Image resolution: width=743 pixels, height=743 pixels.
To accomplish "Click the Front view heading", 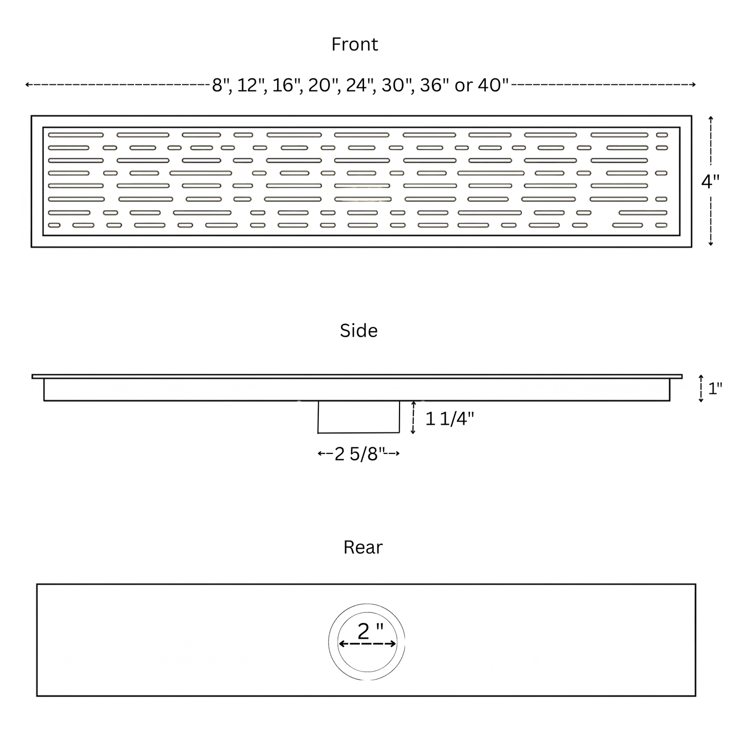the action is pyautogui.click(x=354, y=44).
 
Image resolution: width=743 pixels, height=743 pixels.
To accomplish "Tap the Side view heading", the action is pyautogui.click(x=358, y=331).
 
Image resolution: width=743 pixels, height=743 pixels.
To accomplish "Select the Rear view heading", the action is pyautogui.click(x=363, y=548).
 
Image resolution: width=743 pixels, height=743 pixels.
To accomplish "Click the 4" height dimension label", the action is pyautogui.click(x=710, y=182).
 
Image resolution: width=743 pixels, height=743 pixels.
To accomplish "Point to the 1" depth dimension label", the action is pyautogui.click(x=715, y=388).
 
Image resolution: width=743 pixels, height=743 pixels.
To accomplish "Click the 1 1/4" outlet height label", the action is pyautogui.click(x=449, y=419).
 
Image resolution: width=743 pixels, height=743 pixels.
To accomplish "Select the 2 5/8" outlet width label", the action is pyautogui.click(x=360, y=454).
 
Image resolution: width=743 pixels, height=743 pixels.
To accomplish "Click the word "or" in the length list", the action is pyautogui.click(x=464, y=86).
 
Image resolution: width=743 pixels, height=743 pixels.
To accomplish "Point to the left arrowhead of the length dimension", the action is pyautogui.click(x=27, y=84).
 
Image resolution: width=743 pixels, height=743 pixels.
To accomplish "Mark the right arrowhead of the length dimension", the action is pyautogui.click(x=694, y=84).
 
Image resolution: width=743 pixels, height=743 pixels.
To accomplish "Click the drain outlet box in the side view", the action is pyautogui.click(x=358, y=417).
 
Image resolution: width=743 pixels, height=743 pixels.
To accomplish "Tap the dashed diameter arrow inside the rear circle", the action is pyautogui.click(x=367, y=644).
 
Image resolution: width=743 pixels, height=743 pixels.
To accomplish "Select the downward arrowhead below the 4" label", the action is pyautogui.click(x=711, y=243).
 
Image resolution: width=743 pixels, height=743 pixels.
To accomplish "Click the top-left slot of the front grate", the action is pyautogui.click(x=76, y=135).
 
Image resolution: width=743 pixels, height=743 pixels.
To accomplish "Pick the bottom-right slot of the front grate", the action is pyautogui.click(x=661, y=225).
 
